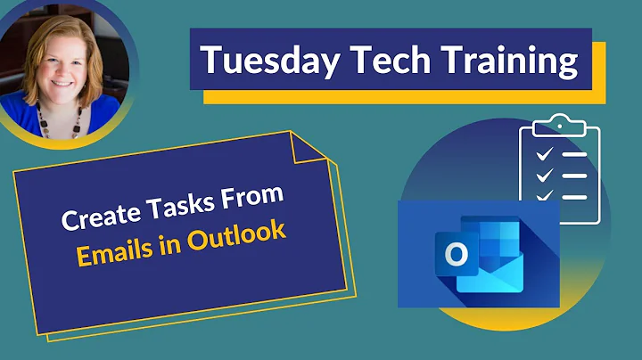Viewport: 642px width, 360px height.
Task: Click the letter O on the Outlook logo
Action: (457, 255)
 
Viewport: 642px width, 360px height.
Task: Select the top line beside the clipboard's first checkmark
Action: (574, 153)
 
